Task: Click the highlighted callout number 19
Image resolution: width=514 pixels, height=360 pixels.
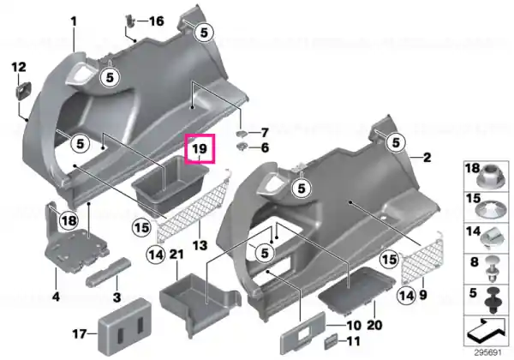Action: [200, 149]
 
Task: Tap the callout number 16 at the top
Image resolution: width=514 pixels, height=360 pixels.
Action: [157, 21]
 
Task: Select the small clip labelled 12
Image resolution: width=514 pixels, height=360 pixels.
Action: [24, 90]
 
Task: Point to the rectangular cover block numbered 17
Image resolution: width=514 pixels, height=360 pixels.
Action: [124, 327]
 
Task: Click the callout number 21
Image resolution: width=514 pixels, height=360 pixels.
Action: [176, 255]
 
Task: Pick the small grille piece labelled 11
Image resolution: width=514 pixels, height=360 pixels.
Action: [331, 342]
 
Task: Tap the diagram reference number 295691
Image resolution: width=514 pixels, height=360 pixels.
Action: [487, 353]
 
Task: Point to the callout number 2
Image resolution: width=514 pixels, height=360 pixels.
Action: [427, 158]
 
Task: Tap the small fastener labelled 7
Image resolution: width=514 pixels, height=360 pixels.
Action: [242, 133]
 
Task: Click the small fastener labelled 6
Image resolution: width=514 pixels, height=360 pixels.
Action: [242, 147]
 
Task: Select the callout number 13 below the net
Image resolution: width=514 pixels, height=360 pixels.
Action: [200, 245]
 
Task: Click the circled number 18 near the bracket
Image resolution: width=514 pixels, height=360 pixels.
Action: [69, 220]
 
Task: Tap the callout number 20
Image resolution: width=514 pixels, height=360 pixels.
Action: [374, 325]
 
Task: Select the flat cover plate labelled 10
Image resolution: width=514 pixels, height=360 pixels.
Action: [303, 333]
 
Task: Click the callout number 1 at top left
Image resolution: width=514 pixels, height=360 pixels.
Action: [74, 21]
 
